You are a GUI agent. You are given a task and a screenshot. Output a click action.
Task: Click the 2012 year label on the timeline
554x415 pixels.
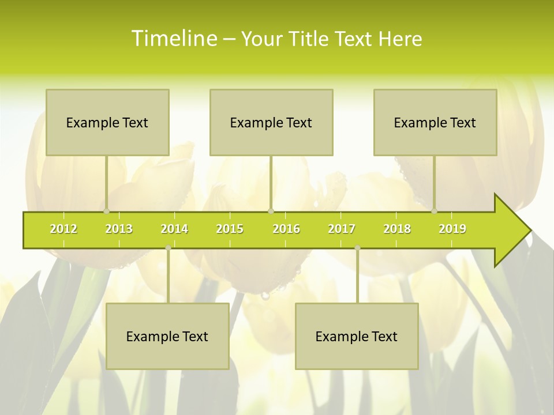[x=63, y=229]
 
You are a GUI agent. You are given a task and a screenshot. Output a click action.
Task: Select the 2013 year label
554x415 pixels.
[x=119, y=229]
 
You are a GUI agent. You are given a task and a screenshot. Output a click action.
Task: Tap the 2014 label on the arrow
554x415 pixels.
[x=174, y=229]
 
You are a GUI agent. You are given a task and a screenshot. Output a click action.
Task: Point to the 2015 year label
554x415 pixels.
[x=230, y=229]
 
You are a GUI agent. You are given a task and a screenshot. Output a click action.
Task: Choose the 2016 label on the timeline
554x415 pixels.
[x=286, y=229]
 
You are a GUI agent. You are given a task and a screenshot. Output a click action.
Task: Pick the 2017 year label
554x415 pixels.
[x=342, y=229]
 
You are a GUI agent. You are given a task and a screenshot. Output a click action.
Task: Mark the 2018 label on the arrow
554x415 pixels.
[x=397, y=229]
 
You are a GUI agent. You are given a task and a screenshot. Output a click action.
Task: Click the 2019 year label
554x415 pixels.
[x=452, y=229]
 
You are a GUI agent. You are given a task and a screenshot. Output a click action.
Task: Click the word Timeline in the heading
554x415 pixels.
[x=174, y=39]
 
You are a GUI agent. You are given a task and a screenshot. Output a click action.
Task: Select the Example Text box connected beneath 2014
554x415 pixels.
[x=167, y=336]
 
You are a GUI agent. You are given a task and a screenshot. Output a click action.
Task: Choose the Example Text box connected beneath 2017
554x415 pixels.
[x=357, y=336]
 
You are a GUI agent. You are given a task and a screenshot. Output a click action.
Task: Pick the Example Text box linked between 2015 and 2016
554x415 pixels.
[x=271, y=122]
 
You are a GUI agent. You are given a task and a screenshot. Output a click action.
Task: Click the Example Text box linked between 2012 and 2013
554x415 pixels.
[x=107, y=122]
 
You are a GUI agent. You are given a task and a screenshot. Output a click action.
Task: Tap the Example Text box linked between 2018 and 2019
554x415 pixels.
[x=435, y=122]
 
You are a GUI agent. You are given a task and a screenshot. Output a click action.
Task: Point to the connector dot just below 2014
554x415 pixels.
[x=168, y=248]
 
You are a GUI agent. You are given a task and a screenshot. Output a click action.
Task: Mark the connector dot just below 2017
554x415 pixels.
[x=357, y=248]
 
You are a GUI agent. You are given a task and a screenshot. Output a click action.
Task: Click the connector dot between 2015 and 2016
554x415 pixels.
[x=271, y=211]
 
